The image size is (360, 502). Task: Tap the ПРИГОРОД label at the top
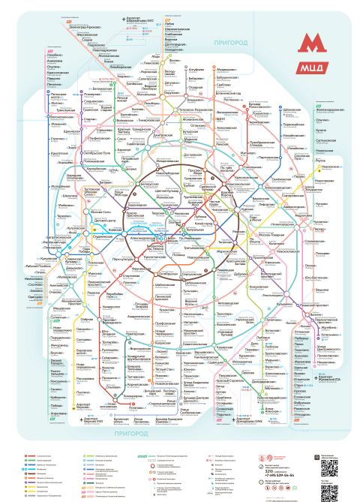click(230, 43)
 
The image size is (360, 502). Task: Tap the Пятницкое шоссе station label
click(59, 95)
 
